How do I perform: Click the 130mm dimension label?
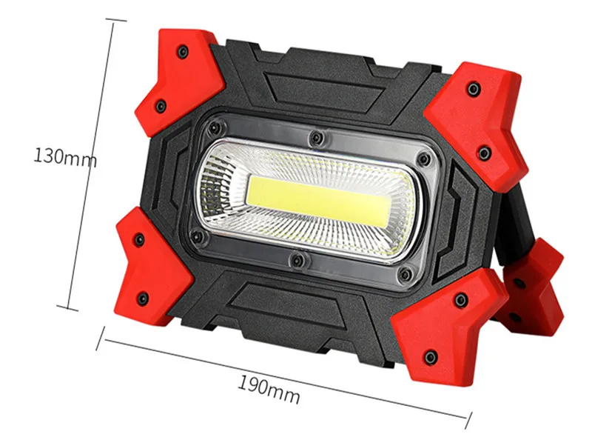[65, 157]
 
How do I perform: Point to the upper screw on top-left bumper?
[183, 50]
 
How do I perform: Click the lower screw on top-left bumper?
[161, 106]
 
